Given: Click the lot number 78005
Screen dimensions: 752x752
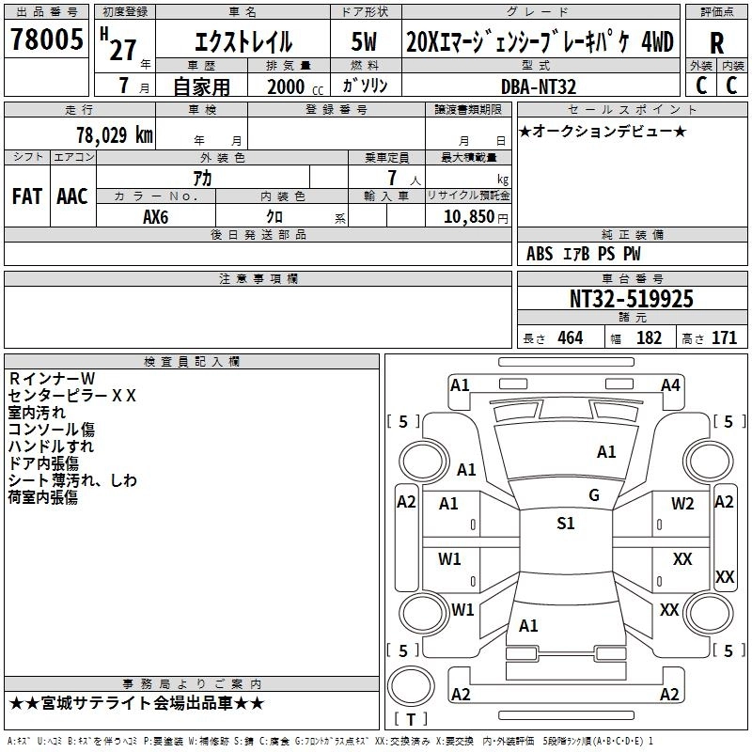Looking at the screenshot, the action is pyautogui.click(x=46, y=39).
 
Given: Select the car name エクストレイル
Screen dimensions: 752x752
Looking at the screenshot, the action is pyautogui.click(x=243, y=42).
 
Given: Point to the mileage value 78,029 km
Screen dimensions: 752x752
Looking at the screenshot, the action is pyautogui.click(x=114, y=135).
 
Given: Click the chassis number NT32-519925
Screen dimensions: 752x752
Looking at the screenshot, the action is pyautogui.click(x=632, y=299).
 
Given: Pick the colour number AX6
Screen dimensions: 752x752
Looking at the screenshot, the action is pyautogui.click(x=156, y=215).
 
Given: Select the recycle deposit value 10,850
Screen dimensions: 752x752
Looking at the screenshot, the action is pyautogui.click(x=466, y=215).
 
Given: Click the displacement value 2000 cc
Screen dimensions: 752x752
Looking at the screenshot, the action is pyautogui.click(x=293, y=86).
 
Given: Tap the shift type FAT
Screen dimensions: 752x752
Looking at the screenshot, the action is pyautogui.click(x=26, y=196).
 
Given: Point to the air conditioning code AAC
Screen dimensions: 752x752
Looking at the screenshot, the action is pyautogui.click(x=72, y=196).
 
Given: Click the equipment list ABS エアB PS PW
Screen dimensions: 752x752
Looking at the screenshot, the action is pyautogui.click(x=584, y=254).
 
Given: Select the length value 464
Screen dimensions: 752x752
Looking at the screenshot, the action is pyautogui.click(x=570, y=338).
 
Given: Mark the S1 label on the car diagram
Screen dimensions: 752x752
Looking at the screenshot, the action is pyautogui.click(x=565, y=524).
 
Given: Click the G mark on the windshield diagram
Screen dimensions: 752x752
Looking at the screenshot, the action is pyautogui.click(x=593, y=495).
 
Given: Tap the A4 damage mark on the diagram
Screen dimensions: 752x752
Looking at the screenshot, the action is pyautogui.click(x=670, y=384).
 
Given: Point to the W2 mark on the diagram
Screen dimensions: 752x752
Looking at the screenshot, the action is pyautogui.click(x=682, y=503).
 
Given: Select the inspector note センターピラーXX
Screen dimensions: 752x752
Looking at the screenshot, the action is pyautogui.click(x=71, y=395).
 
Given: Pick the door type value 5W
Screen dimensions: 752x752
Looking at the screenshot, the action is pyautogui.click(x=365, y=42).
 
